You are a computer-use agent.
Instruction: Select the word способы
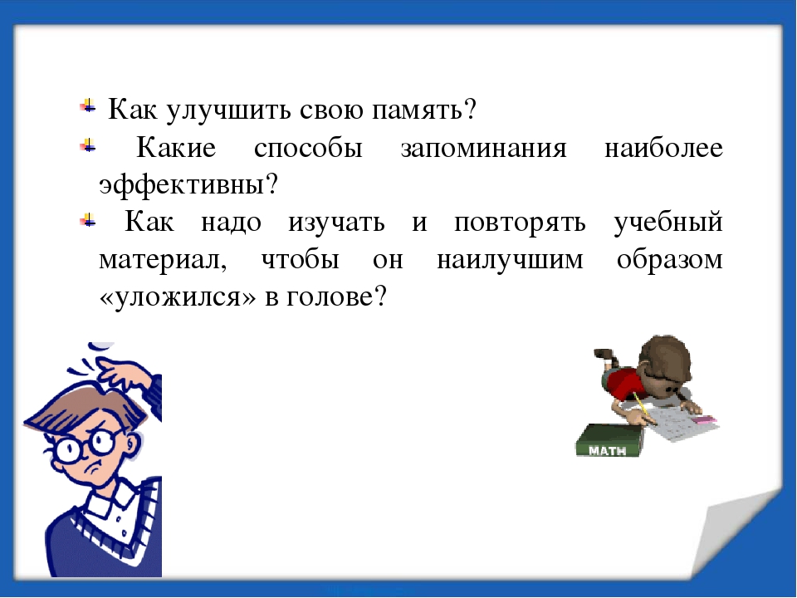pyautogui.click(x=308, y=148)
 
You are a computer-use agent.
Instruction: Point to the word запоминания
pyautogui.click(x=483, y=149)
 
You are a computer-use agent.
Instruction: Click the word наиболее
pyautogui.click(x=663, y=148)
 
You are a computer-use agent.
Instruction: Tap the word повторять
pyautogui.click(x=520, y=223)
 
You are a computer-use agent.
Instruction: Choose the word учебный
pyautogui.click(x=667, y=223)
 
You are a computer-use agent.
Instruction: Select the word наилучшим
pyautogui.click(x=510, y=260)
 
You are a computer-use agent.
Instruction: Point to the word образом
pyautogui.click(x=669, y=259)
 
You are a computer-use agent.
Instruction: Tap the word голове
pyautogui.click(x=336, y=296)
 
